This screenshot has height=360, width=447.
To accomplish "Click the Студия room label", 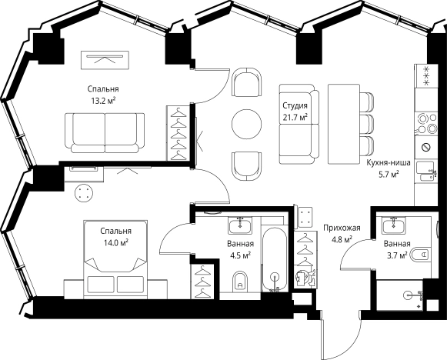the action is (295, 105).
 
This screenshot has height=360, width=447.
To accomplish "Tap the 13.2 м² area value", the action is (103, 100).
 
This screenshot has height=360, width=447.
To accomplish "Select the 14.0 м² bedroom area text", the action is (115, 242).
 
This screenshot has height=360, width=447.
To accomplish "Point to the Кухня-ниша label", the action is (389, 163).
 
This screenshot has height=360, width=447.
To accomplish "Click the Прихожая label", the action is (342, 228).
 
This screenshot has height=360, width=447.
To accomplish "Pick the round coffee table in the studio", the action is (247, 125).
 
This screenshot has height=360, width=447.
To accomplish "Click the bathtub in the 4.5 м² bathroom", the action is (274, 259).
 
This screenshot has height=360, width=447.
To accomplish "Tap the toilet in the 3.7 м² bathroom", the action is (419, 254).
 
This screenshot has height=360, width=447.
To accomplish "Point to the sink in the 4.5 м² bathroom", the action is (240, 225).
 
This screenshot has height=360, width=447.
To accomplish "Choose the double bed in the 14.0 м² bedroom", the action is (115, 259).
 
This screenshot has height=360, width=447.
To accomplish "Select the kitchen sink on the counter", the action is (426, 171).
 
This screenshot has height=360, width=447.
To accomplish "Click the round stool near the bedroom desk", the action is (84, 193).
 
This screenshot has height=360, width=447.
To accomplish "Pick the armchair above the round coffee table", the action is (247, 82).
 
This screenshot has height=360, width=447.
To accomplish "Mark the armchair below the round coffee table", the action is (247, 166).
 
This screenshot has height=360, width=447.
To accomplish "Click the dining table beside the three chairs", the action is (343, 124).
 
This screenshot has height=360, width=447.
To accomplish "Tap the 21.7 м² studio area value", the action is (295, 117).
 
